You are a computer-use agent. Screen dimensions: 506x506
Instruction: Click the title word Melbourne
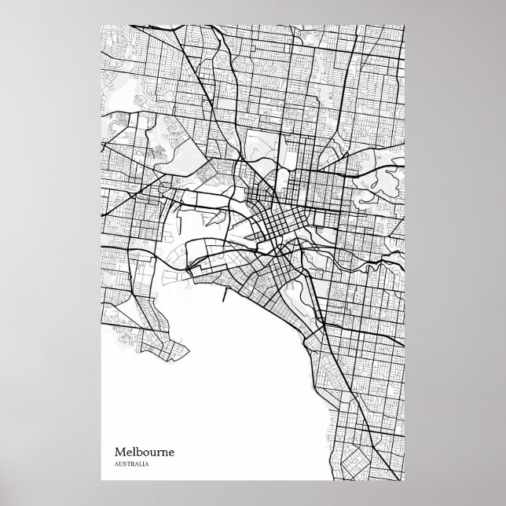pyautogui.click(x=145, y=453)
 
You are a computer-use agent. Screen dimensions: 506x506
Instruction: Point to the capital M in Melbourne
pyautogui.click(x=120, y=453)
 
